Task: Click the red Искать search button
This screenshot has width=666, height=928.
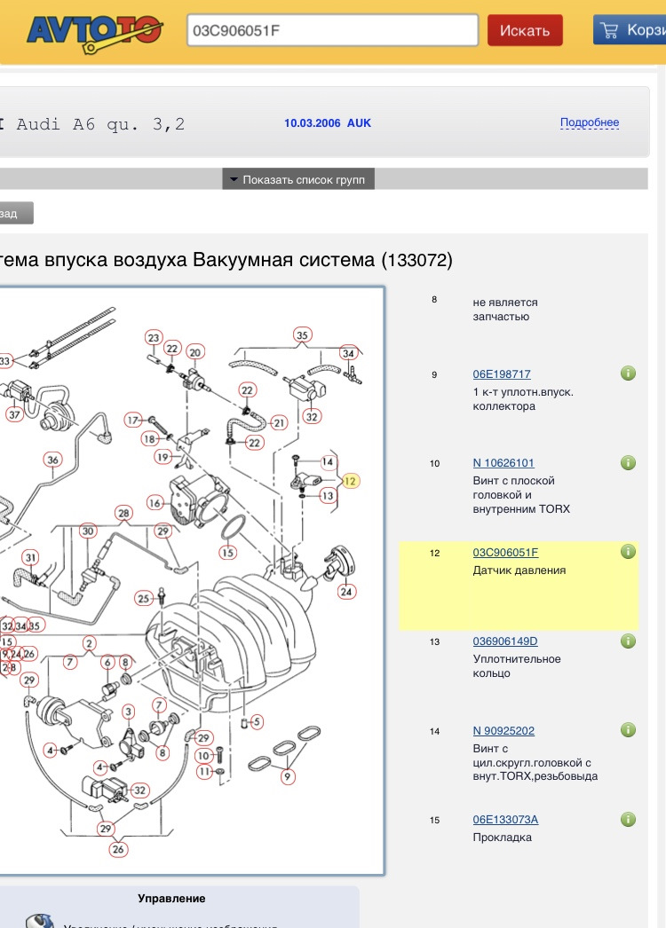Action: (x=524, y=30)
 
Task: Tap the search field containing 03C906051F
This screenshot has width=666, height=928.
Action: (x=332, y=30)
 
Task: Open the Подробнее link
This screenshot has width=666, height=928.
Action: (x=589, y=122)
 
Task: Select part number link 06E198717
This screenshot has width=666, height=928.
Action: (x=502, y=374)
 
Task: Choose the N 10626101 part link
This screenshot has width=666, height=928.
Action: (x=503, y=463)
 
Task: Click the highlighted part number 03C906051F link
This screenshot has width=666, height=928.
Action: (x=505, y=553)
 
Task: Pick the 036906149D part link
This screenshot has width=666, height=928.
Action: (x=505, y=641)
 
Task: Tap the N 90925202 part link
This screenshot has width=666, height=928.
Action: (x=503, y=731)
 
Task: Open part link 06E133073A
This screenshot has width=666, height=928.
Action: (x=505, y=820)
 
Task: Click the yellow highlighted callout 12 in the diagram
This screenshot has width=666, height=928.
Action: (x=350, y=481)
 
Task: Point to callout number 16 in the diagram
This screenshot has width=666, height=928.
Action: (x=155, y=503)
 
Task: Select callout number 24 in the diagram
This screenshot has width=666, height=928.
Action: (x=346, y=591)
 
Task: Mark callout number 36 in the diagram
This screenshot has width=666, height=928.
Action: (x=53, y=460)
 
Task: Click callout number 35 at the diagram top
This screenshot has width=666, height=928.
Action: (x=302, y=335)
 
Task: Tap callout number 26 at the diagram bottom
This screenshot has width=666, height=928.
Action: (x=118, y=849)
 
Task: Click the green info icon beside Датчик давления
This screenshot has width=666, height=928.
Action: (x=628, y=552)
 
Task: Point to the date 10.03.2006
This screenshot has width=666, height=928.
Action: (x=312, y=123)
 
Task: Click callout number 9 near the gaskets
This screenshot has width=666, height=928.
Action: (x=287, y=777)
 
